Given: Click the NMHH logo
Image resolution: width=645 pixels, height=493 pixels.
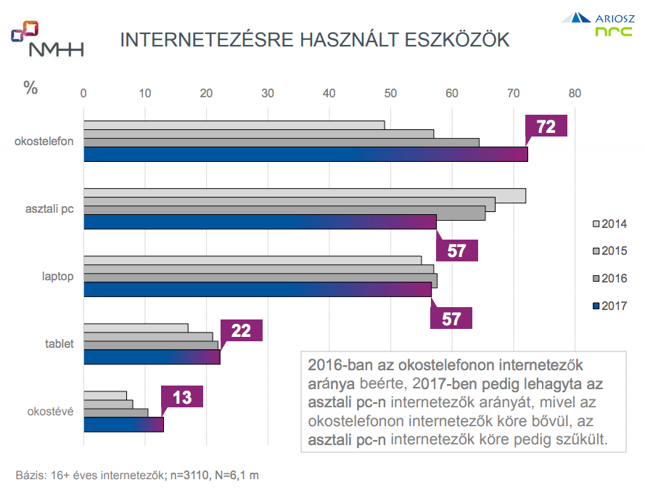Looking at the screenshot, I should (x=46, y=39).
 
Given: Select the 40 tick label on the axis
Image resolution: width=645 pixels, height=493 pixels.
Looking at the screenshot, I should (x=329, y=93).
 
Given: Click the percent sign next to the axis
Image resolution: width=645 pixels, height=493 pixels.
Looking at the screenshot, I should (x=30, y=88).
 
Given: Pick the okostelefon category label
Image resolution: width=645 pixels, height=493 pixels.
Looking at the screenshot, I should (x=44, y=141).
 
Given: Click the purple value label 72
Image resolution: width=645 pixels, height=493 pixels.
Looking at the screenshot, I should (x=546, y=127).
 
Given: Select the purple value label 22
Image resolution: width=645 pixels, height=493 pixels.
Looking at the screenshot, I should (x=241, y=331).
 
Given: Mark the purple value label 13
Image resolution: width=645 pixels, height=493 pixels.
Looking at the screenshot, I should (x=182, y=398).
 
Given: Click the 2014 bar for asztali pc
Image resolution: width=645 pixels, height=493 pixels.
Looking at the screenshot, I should (x=304, y=196).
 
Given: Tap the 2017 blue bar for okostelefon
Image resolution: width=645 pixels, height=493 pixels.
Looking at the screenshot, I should (x=305, y=155).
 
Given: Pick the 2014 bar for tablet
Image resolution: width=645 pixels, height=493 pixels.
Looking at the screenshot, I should (x=136, y=328).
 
